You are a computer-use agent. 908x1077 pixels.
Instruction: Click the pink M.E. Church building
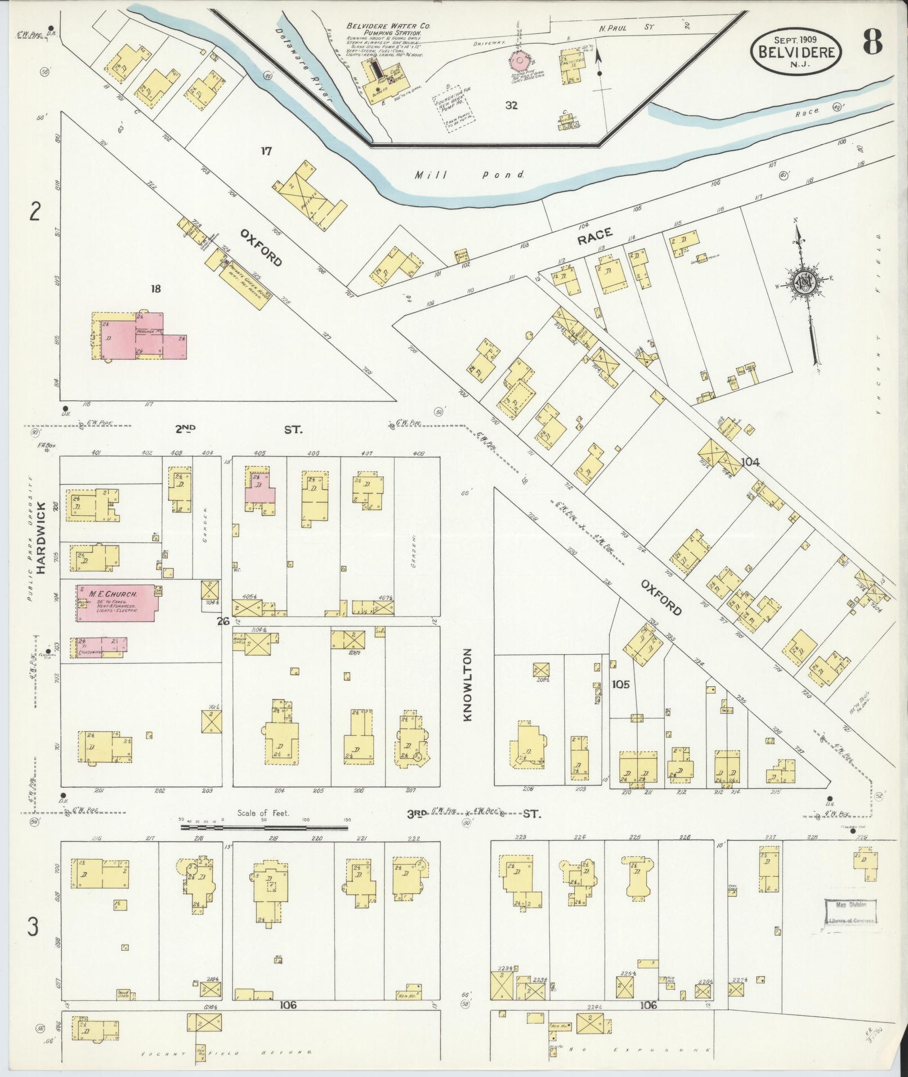[x=117, y=603]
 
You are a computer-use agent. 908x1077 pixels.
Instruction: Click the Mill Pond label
[x=469, y=175]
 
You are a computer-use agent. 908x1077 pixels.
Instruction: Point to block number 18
[x=156, y=289]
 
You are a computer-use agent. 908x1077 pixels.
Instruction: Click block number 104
[x=750, y=462]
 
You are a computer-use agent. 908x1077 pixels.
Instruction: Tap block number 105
[x=621, y=685]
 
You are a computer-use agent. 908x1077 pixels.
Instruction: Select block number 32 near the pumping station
[x=511, y=105]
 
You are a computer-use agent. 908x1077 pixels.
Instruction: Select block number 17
[x=266, y=151]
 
